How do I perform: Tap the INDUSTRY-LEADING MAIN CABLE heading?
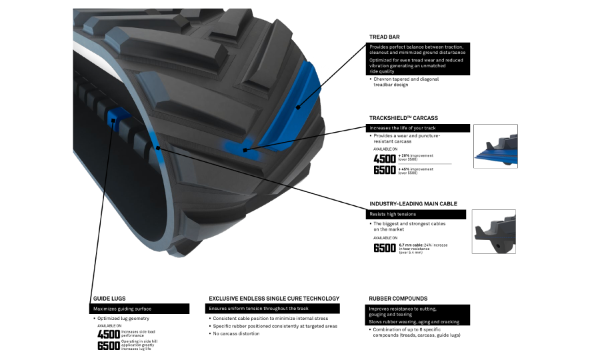point(413,204)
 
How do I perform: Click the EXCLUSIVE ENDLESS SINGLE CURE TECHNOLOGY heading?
point(274,299)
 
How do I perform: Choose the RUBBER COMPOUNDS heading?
point(398,299)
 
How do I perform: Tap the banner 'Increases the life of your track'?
point(419,128)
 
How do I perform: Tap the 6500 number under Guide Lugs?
point(108,346)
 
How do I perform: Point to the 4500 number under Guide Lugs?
point(108,334)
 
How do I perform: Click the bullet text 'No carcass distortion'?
point(236,333)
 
